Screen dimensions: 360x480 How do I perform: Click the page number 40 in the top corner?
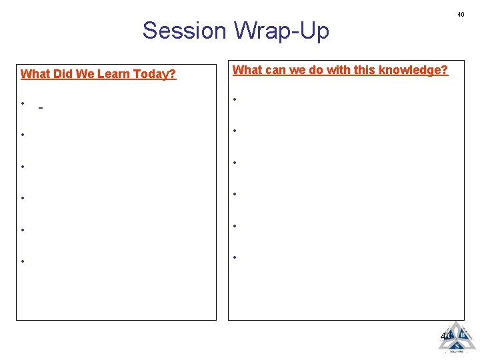pos(460,15)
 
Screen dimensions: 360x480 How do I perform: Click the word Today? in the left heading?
pos(155,74)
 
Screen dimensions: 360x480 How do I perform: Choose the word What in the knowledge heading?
pos(247,70)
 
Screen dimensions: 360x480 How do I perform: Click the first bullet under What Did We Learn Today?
pos(23,103)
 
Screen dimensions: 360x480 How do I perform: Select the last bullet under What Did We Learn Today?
pos(23,261)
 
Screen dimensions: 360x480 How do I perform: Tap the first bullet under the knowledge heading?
pos(234,99)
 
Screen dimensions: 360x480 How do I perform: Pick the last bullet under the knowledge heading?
pos(234,257)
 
